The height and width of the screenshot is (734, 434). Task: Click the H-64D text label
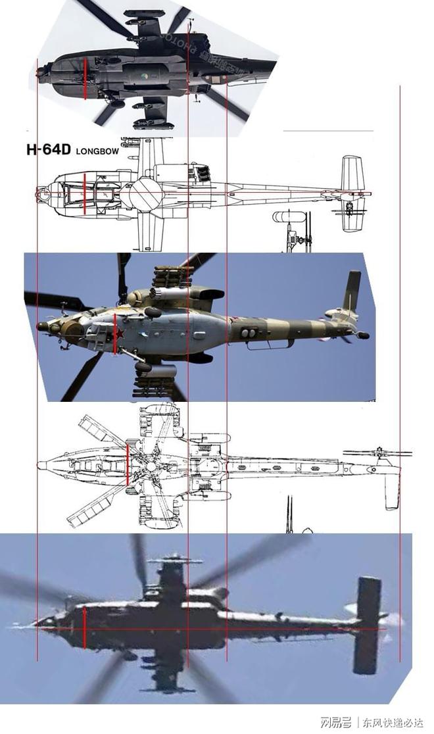tap(49, 149)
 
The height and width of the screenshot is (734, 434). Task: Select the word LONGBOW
tap(97, 151)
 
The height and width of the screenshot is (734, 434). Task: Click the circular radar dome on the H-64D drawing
tap(144, 193)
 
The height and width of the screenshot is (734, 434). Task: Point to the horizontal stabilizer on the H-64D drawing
tap(352, 194)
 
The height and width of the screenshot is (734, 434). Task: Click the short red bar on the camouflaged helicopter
tap(115, 334)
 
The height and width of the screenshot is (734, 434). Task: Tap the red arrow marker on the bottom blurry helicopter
tap(85, 628)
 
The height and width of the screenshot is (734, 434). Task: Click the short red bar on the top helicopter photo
tap(85, 79)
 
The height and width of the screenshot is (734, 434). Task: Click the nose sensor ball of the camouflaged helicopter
tap(43, 326)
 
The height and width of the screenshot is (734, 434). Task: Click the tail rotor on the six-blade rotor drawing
tap(378, 453)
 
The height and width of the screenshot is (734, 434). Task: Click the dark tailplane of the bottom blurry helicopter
tap(367, 625)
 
